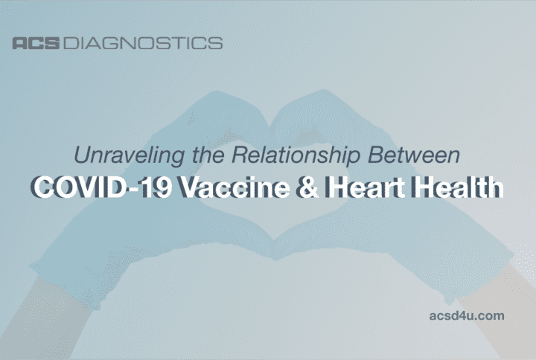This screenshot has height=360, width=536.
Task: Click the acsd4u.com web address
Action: tap(468, 315)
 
